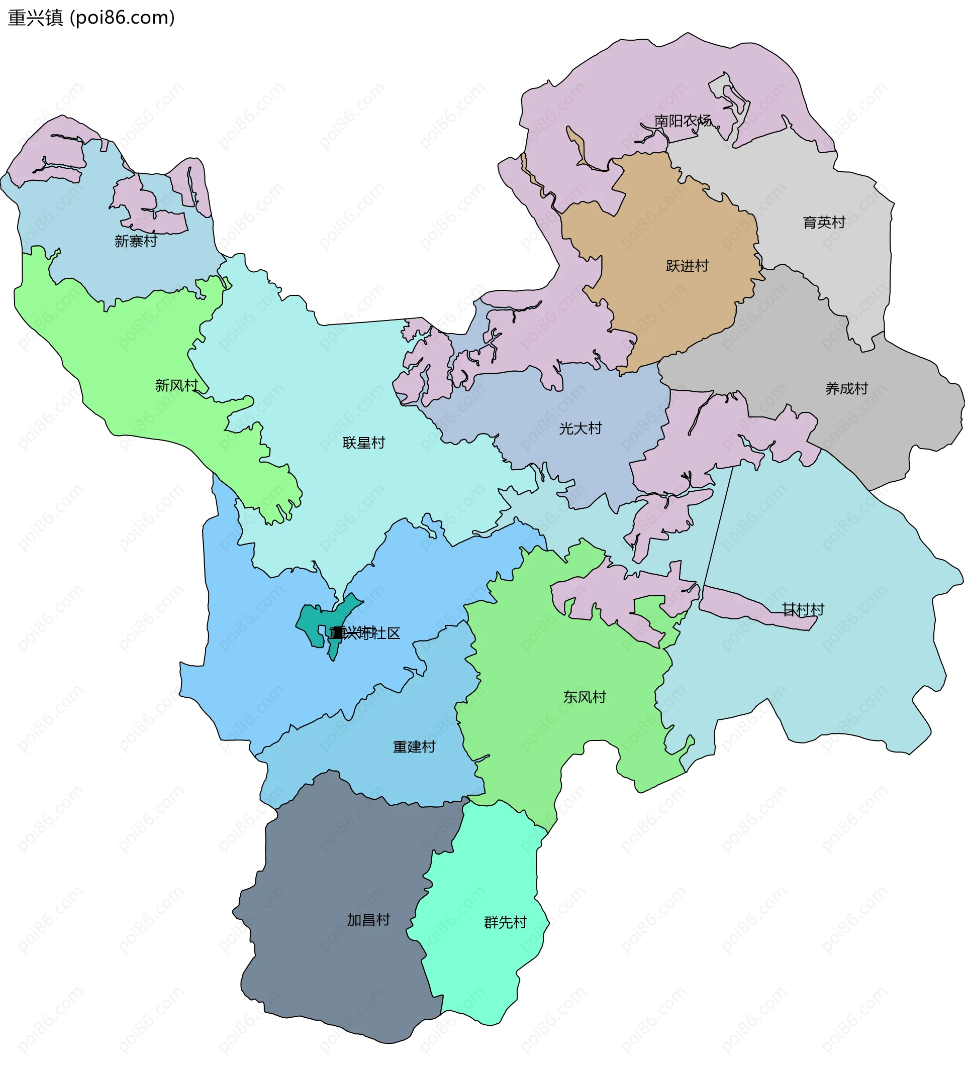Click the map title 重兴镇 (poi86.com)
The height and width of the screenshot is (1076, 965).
point(91,18)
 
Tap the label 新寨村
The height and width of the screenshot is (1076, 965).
point(136,241)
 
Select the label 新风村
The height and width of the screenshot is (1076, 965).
point(176,385)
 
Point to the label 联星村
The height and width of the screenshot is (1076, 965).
point(363,443)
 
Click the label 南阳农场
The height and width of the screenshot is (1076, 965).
point(683,121)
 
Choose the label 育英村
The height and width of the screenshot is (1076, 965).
point(823,222)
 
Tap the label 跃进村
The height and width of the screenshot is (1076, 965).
point(687,266)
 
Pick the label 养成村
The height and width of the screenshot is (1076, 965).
point(846,388)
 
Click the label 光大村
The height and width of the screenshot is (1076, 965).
point(580,428)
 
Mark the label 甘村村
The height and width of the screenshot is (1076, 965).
point(803,609)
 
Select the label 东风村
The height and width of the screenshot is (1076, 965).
point(585,697)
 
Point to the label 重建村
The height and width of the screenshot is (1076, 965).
point(414,747)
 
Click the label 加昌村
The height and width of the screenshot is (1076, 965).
point(368,920)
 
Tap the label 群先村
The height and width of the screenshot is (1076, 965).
point(505,922)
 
